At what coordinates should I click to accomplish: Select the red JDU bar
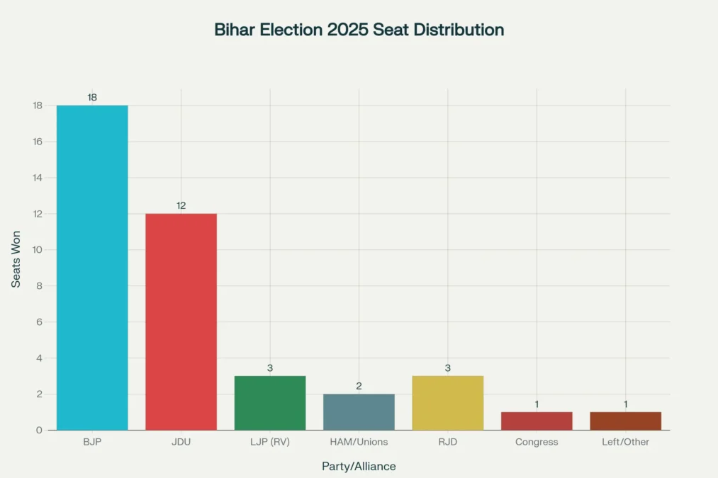(181, 321)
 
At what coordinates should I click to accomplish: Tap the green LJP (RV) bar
(270, 403)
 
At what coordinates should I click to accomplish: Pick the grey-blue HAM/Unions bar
(359, 412)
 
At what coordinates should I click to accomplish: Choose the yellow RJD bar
(448, 403)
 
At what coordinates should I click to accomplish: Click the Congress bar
(537, 421)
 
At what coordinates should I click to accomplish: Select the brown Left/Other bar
(625, 421)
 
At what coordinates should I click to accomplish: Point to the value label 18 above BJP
(92, 97)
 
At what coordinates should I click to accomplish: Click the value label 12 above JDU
(181, 205)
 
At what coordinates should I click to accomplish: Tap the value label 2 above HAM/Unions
(359, 386)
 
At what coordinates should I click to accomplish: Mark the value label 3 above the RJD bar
(448, 368)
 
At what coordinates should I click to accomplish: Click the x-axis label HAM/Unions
(359, 442)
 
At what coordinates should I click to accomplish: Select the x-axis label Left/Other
(625, 442)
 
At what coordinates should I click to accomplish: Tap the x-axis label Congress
(537, 442)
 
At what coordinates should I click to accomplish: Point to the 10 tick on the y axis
(37, 250)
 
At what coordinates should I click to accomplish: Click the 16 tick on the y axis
(37, 142)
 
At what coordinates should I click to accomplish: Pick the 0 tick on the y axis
(40, 430)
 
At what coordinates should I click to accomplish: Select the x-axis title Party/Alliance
(359, 467)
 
